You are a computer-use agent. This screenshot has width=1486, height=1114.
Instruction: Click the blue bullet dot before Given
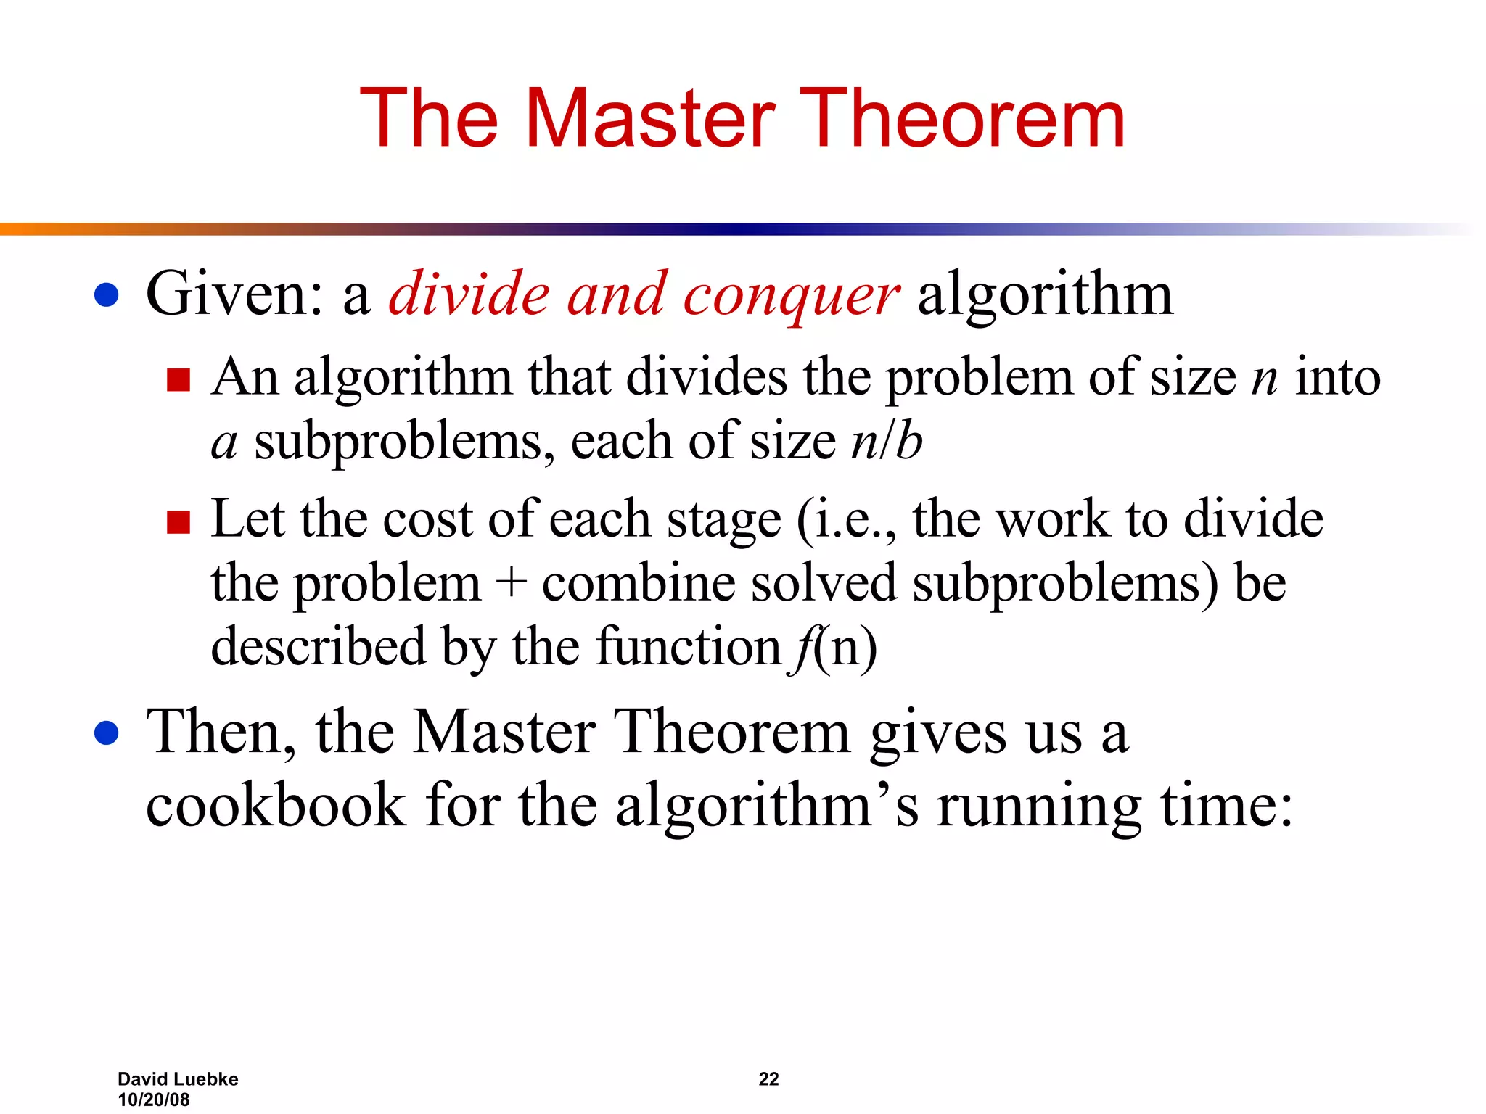(x=107, y=295)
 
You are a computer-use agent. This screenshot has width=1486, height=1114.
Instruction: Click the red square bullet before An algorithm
(x=178, y=379)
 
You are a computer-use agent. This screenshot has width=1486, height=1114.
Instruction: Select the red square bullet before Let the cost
(x=178, y=521)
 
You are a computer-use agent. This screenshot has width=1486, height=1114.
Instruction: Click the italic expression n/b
(x=886, y=442)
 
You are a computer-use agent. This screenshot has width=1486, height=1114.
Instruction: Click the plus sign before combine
(x=512, y=583)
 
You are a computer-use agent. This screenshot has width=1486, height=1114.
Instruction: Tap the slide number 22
(x=768, y=1079)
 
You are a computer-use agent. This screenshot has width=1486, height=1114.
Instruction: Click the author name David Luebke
(x=178, y=1079)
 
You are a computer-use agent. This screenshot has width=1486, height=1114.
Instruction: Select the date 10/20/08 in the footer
(x=153, y=1099)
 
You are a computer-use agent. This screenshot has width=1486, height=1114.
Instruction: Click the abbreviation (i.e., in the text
(x=846, y=521)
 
